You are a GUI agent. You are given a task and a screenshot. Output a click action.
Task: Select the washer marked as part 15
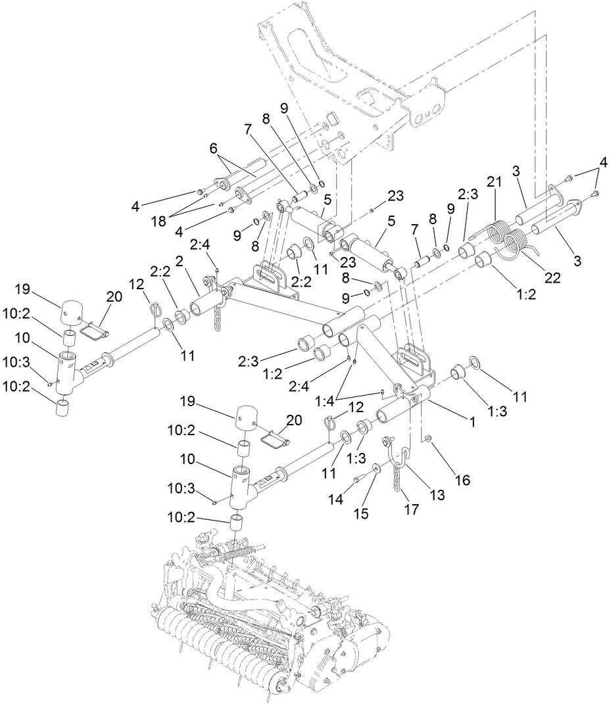(x=375, y=468)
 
